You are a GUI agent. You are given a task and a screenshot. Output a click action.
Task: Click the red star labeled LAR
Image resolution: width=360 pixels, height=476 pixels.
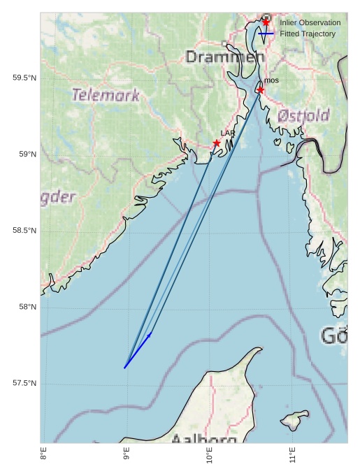(x=217, y=143)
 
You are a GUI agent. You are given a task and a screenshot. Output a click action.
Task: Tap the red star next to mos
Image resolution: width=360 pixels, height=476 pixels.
(x=260, y=90)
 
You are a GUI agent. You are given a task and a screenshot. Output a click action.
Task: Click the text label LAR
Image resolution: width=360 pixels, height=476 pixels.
(x=228, y=133)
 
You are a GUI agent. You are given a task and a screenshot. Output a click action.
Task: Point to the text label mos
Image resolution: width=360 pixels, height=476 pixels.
(x=272, y=81)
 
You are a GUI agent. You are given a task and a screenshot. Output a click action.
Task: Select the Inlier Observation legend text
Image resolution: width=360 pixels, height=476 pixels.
(x=310, y=23)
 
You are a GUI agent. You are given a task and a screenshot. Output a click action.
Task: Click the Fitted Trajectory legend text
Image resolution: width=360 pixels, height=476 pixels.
(x=307, y=34)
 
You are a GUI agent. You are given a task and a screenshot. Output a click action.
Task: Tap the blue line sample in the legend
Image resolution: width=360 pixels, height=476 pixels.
(x=266, y=34)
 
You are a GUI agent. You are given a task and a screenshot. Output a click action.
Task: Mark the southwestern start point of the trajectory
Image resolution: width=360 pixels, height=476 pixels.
(x=124, y=368)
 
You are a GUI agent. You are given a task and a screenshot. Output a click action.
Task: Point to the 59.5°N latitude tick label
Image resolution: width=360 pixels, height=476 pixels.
(x=24, y=78)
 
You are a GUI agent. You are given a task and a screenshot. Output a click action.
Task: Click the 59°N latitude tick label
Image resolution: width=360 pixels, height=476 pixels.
(x=27, y=154)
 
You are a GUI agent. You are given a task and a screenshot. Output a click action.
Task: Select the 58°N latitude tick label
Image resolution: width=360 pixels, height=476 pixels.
(x=27, y=307)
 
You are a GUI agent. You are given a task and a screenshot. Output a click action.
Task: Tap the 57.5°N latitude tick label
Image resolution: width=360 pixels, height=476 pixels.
(x=24, y=383)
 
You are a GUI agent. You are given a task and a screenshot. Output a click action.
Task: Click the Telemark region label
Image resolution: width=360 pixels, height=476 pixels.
(x=106, y=95)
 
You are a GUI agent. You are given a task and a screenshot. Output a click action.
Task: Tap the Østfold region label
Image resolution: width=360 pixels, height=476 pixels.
(x=303, y=115)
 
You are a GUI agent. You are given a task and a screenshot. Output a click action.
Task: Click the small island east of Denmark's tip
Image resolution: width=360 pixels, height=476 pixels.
(x=294, y=419)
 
